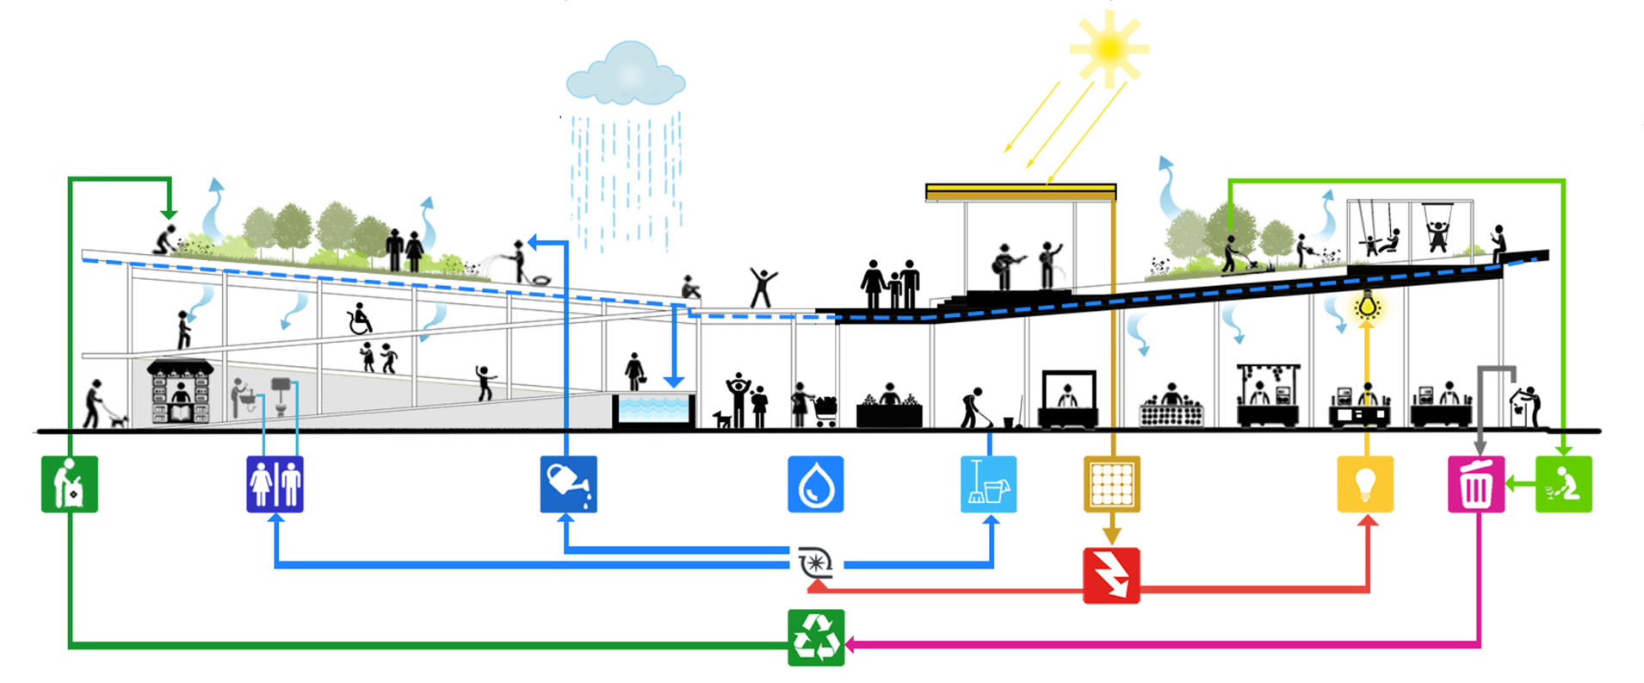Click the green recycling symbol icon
click(x=815, y=637)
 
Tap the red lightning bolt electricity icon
click(x=1110, y=574)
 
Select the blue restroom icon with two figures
click(x=275, y=484)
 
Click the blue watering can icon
click(x=568, y=484)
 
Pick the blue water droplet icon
click(x=815, y=484)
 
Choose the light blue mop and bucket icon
click(x=988, y=484)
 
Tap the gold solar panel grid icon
click(x=1110, y=484)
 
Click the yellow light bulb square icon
click(x=1364, y=484)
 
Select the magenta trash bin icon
click(x=1475, y=484)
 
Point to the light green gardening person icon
click(x=1563, y=484)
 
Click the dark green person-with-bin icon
click(x=69, y=484)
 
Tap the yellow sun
click(x=1109, y=48)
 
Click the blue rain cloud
click(x=626, y=76)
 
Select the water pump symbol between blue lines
click(x=815, y=564)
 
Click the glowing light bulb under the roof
click(x=1366, y=306)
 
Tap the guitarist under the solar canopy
click(x=1004, y=265)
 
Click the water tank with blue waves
click(x=653, y=410)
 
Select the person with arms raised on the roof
click(x=762, y=287)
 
